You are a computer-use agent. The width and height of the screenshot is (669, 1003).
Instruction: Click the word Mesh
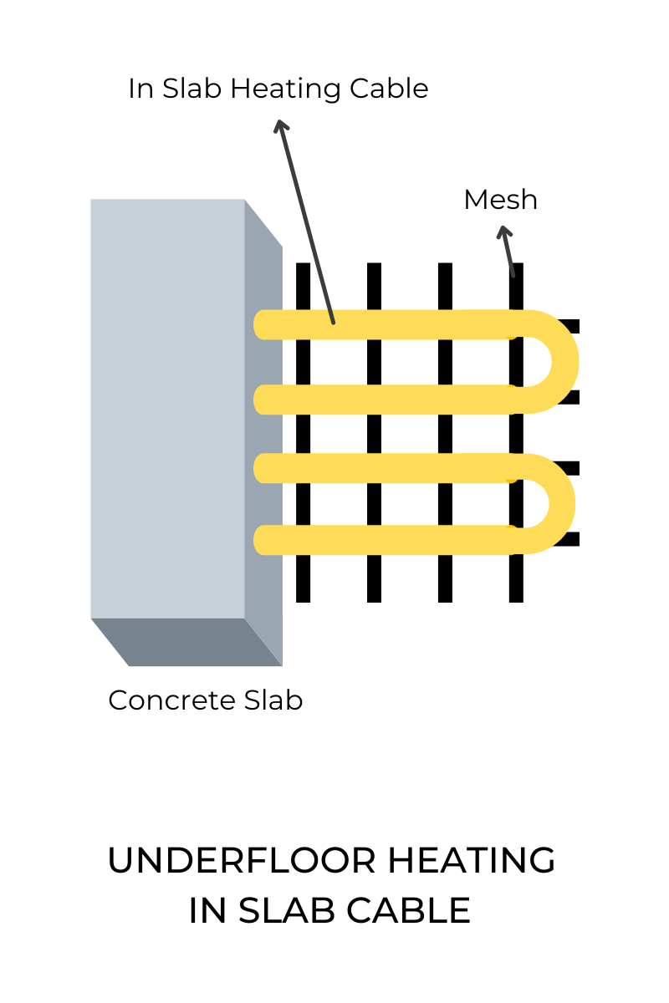(x=500, y=200)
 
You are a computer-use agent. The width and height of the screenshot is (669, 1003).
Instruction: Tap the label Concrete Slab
(x=205, y=700)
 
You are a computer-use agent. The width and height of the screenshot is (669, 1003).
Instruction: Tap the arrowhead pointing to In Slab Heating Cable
(x=281, y=126)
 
